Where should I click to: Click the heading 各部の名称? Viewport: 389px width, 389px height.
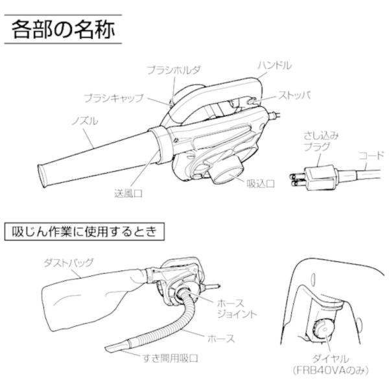[x=63, y=29]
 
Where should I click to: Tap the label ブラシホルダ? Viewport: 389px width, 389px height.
[x=174, y=70]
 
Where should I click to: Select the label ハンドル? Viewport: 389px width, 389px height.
[x=274, y=65]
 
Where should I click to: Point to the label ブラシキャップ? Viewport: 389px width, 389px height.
[x=114, y=99]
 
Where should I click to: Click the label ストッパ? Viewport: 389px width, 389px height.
[x=294, y=95]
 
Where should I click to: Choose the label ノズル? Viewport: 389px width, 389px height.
[x=85, y=121]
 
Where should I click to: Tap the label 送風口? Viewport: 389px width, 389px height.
[x=128, y=193]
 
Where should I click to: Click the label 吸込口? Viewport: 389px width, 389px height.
[x=261, y=184]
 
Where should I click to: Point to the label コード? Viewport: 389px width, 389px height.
[x=371, y=156]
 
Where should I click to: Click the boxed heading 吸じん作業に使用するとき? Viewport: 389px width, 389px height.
[x=84, y=231]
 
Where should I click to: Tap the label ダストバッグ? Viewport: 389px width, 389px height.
[x=69, y=263]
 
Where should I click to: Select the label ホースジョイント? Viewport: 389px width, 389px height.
[x=237, y=309]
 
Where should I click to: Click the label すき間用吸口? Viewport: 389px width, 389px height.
[x=171, y=359]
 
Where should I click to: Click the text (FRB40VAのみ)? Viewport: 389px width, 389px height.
[x=331, y=370]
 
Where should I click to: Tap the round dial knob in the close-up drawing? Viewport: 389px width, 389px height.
[x=324, y=330]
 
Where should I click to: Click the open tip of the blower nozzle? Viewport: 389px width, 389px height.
[x=41, y=176]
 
